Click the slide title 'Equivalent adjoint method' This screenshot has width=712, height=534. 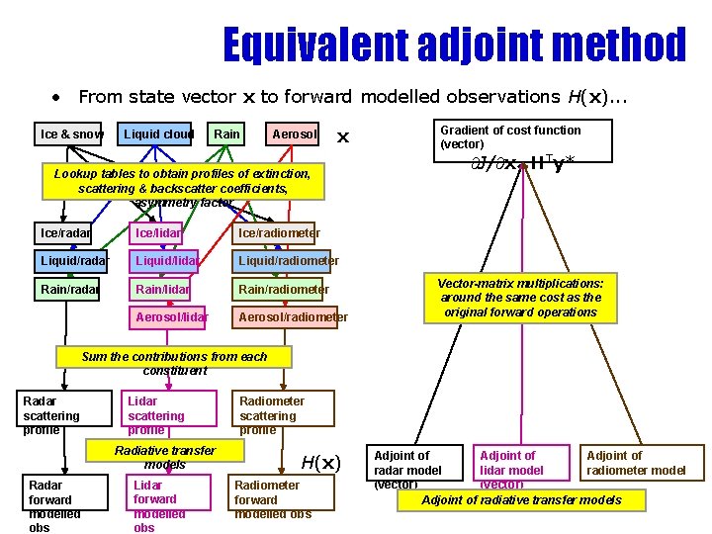click(453, 45)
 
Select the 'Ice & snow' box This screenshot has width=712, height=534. click(71, 133)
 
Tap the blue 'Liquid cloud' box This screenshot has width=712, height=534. click(157, 133)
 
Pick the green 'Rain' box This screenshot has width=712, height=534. click(226, 133)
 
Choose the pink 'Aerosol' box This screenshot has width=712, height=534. click(294, 133)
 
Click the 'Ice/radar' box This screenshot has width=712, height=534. click(64, 233)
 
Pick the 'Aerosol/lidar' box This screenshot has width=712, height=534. click(171, 316)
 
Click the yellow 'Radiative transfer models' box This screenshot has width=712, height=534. click(165, 456)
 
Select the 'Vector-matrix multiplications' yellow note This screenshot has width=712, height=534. click(520, 298)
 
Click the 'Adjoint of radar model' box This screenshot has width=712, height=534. click(415, 467)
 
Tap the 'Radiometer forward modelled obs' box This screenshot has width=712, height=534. click(272, 499)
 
